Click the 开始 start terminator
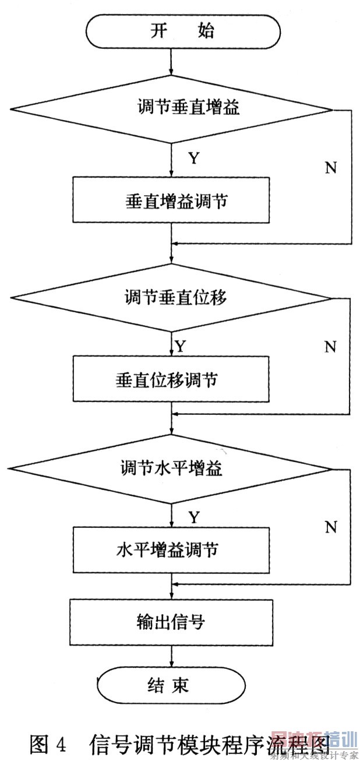[182, 31]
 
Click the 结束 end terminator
[170, 685]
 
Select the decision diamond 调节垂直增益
[172, 109]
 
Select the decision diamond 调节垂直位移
[172, 298]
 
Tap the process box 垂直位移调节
[171, 379]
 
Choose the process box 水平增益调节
[171, 549]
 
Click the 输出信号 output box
[171, 621]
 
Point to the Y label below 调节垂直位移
[181, 347]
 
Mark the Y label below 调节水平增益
[194, 517]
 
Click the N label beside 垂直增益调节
[330, 168]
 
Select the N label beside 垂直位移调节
[330, 347]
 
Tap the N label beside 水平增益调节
[330, 527]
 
